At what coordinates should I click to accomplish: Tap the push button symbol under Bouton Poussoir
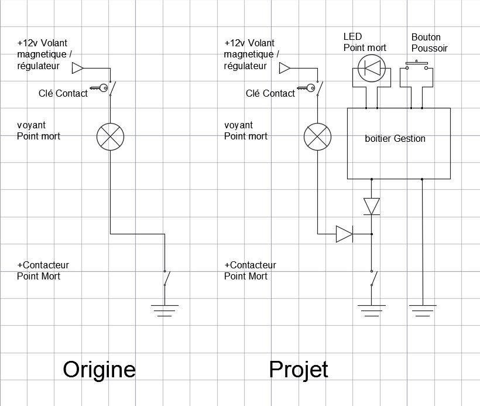point(417,66)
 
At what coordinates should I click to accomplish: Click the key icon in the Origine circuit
point(99,88)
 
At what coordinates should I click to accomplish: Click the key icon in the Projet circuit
point(306,88)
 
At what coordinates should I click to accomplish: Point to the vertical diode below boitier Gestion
point(372,207)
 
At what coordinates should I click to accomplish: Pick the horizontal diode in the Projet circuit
point(344,234)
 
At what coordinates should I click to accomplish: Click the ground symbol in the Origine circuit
point(164,311)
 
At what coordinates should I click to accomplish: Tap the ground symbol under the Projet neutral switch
point(372,311)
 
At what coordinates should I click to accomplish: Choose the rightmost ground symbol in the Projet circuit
point(423,311)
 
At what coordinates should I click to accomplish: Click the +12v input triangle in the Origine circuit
point(78,68)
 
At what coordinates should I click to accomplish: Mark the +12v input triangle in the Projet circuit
point(285,68)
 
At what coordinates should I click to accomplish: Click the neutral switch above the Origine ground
point(166,278)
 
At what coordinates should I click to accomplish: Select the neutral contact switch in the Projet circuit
point(374,278)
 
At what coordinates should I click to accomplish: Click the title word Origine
point(99,370)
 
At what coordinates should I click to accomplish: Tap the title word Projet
point(299,370)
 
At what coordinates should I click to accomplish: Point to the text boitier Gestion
point(395,138)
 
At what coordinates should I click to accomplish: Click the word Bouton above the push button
point(426,37)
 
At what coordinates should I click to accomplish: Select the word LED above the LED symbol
point(352,36)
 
